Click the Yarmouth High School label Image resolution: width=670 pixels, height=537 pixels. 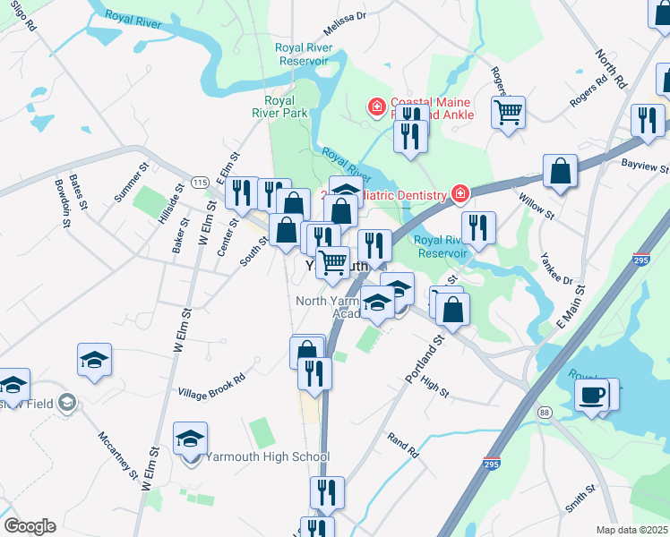point(268,456)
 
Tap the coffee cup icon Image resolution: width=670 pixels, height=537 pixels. point(592,395)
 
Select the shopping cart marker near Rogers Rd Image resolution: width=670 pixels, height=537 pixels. point(508,113)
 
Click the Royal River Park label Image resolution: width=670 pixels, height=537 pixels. point(286,107)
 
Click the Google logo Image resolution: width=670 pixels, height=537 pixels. point(30,526)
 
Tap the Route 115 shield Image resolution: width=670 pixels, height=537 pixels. point(199,183)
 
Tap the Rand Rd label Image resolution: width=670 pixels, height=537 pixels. point(403,445)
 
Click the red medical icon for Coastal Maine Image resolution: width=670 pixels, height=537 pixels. point(376,107)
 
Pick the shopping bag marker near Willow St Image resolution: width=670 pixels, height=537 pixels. point(560,172)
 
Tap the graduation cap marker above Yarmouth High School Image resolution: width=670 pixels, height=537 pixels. point(190,439)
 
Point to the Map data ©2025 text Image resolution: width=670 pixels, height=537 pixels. point(631,530)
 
